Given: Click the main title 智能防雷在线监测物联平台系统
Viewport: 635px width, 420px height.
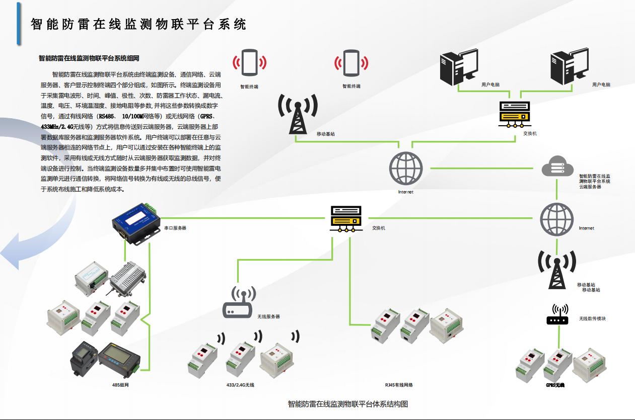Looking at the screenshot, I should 138,24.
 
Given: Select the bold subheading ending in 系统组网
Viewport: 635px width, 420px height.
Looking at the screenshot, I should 89,58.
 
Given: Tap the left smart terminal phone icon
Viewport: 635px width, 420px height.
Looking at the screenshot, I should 249,63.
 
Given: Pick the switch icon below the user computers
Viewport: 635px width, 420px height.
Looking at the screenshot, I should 514,114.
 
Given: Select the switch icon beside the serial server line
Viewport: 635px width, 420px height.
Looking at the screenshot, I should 346,219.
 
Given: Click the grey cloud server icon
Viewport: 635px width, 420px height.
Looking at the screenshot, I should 557,166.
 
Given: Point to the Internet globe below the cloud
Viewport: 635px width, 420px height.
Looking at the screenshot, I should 556,219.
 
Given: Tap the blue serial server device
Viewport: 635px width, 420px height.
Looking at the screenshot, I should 135,222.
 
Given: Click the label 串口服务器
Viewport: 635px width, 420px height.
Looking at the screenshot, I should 175,228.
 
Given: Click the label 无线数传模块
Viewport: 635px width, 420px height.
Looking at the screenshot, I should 592,318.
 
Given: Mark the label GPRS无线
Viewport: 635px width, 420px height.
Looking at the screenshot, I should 555,385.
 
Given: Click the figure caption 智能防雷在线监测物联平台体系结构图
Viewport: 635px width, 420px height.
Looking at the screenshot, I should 347,403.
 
